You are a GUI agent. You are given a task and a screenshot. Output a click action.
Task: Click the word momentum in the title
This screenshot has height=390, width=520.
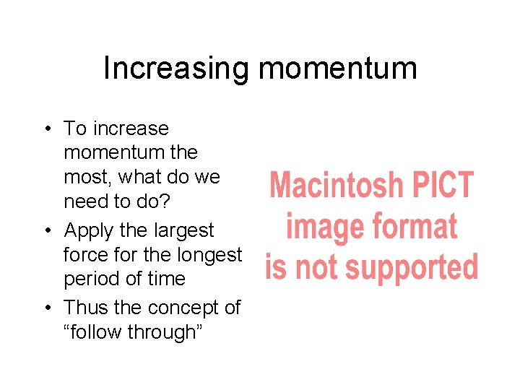click(337, 69)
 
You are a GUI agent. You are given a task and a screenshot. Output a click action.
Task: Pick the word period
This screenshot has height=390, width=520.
click(89, 279)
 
